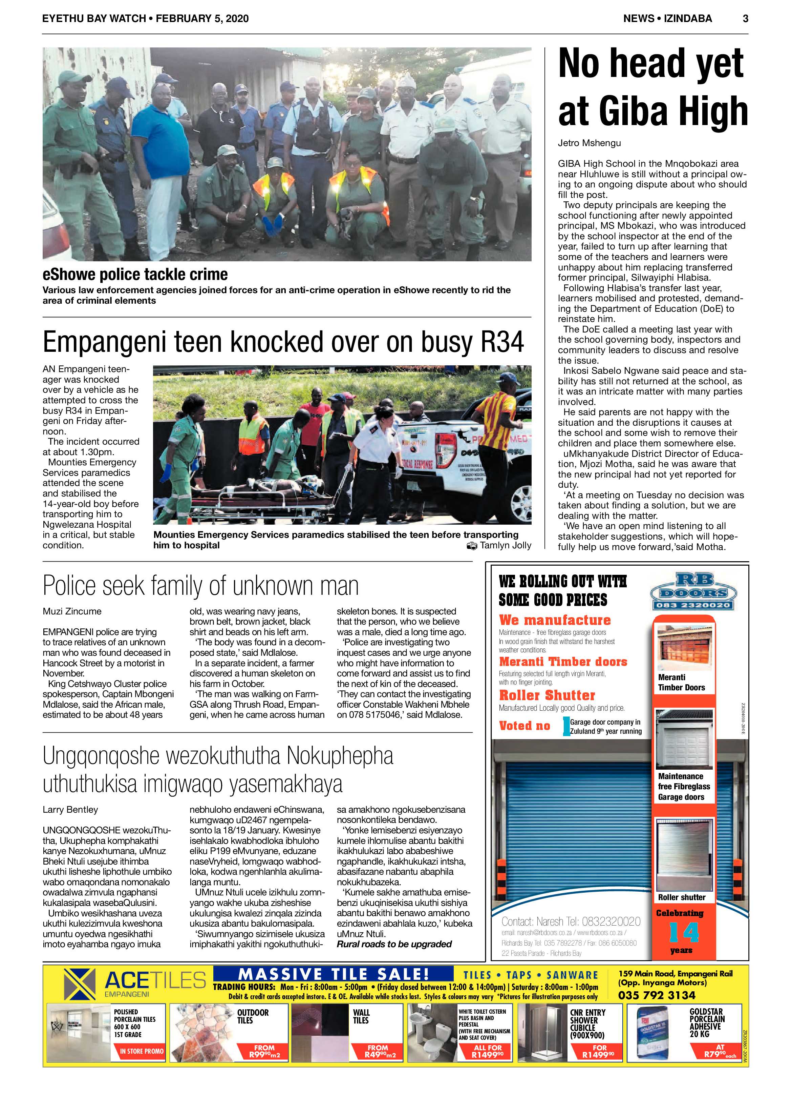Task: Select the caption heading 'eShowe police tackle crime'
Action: [135, 275]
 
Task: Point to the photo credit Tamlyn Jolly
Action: [505, 546]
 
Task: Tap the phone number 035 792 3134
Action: [657, 995]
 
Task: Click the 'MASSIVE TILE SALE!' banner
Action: [333, 974]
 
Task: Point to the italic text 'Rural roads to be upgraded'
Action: [394, 944]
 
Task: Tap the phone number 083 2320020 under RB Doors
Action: [693, 605]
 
